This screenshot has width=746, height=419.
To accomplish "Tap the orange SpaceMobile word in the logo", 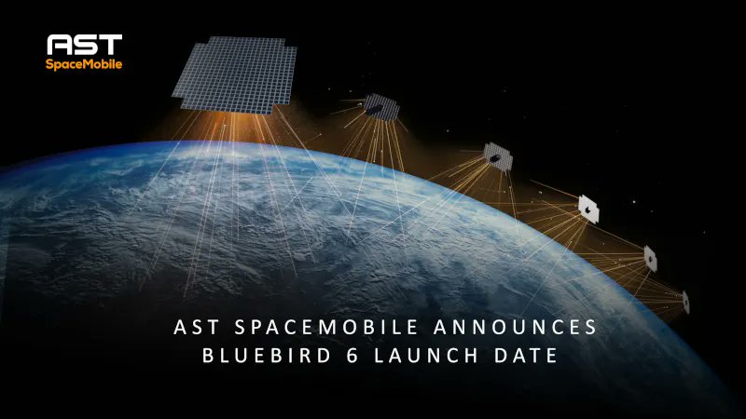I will pyautogui.click(x=85, y=63).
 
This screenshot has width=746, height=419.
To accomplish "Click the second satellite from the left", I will pyautogui.click(x=380, y=109).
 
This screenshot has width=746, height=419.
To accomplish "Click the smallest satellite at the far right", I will pyautogui.click(x=685, y=301).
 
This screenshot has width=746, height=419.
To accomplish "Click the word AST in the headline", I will pyautogui.click(x=194, y=328).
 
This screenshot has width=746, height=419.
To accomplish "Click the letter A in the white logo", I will pyautogui.click(x=61, y=45).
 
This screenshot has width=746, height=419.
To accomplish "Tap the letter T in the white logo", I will pyautogui.click(x=110, y=45).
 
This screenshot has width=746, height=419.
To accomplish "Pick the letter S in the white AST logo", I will pyautogui.click(x=85, y=45).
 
